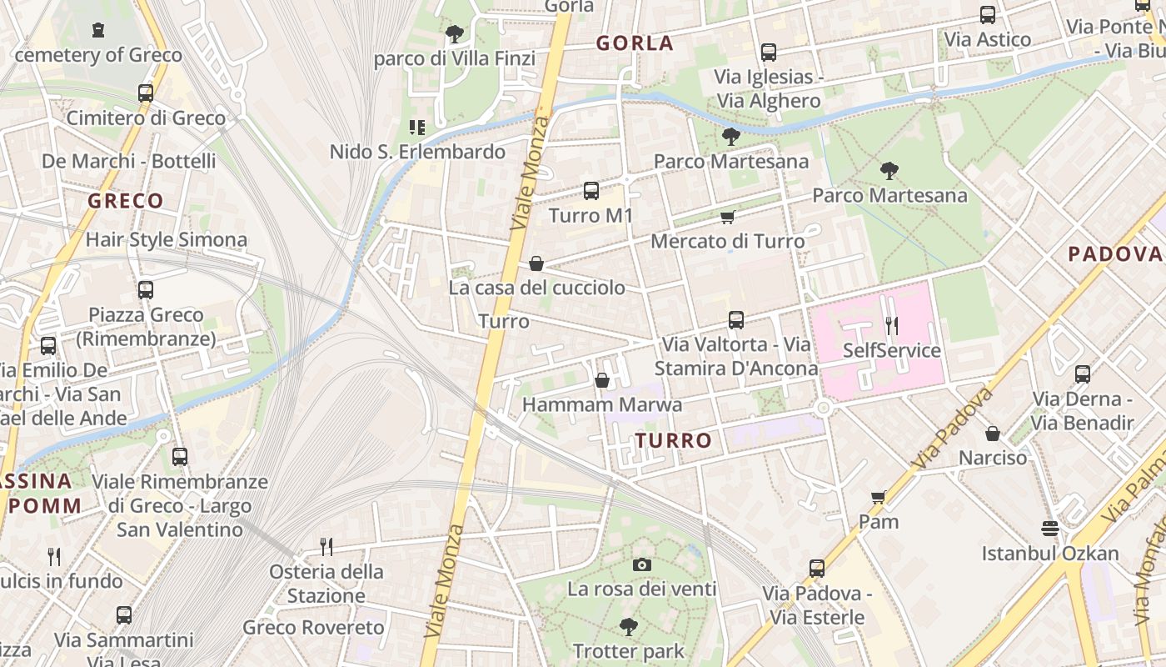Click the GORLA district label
(635, 43)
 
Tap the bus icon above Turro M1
(591, 191)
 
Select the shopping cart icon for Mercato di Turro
(727, 218)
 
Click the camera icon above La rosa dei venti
(641, 564)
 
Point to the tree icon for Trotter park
(629, 626)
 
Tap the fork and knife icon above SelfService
(892, 325)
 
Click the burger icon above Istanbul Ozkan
(1050, 529)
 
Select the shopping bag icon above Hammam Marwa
(602, 381)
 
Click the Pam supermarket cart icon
(879, 498)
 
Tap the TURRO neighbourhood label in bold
(674, 440)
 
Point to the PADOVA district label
(1114, 254)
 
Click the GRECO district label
(126, 201)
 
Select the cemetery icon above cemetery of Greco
(98, 30)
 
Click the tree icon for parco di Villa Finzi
(454, 34)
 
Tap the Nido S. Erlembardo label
(417, 152)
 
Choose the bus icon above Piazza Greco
(146, 290)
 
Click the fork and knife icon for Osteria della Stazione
(326, 547)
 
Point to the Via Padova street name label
(954, 427)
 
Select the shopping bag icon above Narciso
(993, 434)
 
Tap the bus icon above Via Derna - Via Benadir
(1083, 374)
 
